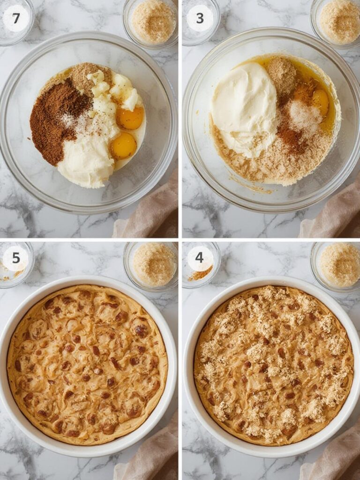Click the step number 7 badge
click(16, 18)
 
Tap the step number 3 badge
click(200, 18)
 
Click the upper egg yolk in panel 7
click(130, 118)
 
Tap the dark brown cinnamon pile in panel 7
click(54, 120)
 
